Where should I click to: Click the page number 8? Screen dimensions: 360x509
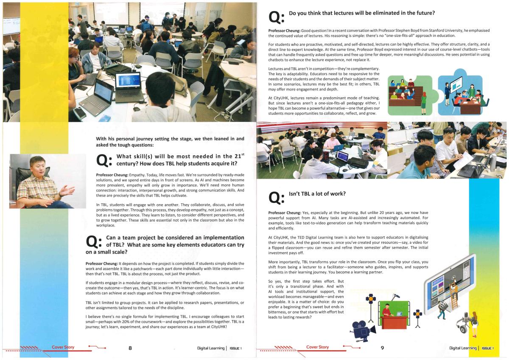coord(130,348)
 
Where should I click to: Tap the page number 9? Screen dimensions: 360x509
coord(382,348)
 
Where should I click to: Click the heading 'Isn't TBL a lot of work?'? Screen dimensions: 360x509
coord(317,194)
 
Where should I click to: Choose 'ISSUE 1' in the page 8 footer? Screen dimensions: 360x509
coord(235,349)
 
